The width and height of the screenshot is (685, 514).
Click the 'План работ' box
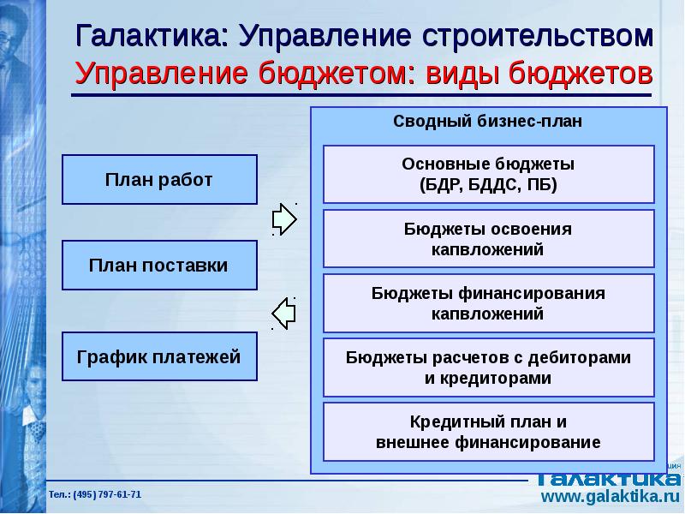[x=159, y=180]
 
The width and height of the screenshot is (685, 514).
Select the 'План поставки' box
[x=159, y=266]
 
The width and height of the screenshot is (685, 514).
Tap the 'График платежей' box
[x=159, y=356]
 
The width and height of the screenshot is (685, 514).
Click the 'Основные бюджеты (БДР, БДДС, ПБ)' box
[x=488, y=174]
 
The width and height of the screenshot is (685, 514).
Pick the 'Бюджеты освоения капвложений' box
[x=488, y=239]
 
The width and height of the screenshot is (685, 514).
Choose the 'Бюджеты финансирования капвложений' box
[x=488, y=303]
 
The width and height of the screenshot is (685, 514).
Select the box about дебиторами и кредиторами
[x=488, y=368]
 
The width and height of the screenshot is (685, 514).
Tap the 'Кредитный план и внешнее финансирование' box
[x=488, y=432]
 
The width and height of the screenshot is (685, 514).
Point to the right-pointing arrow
[x=285, y=218]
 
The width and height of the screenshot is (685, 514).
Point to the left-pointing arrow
[x=283, y=312]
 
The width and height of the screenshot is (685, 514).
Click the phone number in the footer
[x=95, y=495]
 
